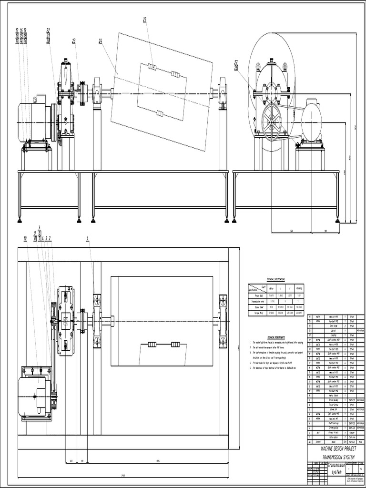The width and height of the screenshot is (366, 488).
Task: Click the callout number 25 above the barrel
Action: (145, 19)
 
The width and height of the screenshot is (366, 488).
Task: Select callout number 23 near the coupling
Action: (74, 41)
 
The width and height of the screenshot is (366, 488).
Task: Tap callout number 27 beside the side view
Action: (236, 61)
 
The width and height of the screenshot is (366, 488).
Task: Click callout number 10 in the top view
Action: (25, 237)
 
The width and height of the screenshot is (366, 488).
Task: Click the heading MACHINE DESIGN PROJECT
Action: (331, 449)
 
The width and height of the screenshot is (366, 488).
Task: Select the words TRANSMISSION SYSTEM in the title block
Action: (331, 457)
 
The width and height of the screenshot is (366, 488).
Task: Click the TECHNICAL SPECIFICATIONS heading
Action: (276, 279)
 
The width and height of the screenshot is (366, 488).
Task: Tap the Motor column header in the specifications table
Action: (271, 288)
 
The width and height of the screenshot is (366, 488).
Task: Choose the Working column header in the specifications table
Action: (299, 288)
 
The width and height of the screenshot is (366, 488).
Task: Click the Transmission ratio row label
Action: (256, 301)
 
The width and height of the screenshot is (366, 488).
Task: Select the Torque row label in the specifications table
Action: (256, 313)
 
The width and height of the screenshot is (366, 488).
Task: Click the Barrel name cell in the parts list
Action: (333, 330)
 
